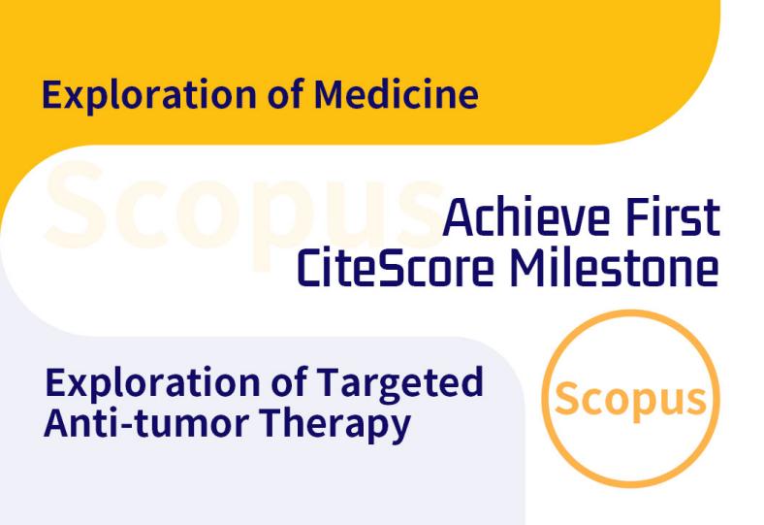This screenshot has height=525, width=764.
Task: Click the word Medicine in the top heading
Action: (397, 93)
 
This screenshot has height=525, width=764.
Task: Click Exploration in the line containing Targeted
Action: (152, 384)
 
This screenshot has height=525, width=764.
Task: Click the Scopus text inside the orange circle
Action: (630, 400)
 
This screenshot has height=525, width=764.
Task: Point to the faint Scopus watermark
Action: (243, 214)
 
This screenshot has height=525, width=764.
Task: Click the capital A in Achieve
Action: (459, 218)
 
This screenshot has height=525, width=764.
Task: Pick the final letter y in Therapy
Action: (400, 429)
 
